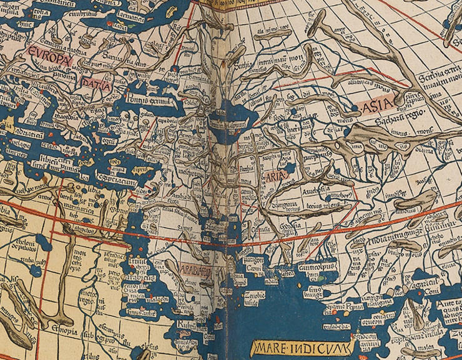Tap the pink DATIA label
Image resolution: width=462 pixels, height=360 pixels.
94,82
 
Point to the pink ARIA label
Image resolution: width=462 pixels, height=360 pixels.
275,177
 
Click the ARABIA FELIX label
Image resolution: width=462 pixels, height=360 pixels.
197,269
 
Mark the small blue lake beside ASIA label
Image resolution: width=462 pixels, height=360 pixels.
355,108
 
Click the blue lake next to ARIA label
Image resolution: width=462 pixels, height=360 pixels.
290,168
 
